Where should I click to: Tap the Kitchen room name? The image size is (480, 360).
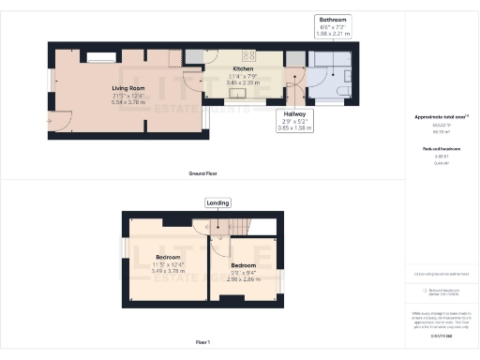(x=243, y=70)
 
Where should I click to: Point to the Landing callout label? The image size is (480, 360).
(x=219, y=202)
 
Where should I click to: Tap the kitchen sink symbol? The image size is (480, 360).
(x=251, y=93)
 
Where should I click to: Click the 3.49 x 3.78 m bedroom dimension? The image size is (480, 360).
(x=169, y=271)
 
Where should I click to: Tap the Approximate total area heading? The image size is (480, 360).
(x=441, y=117)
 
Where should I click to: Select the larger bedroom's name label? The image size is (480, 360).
(x=169, y=256)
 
